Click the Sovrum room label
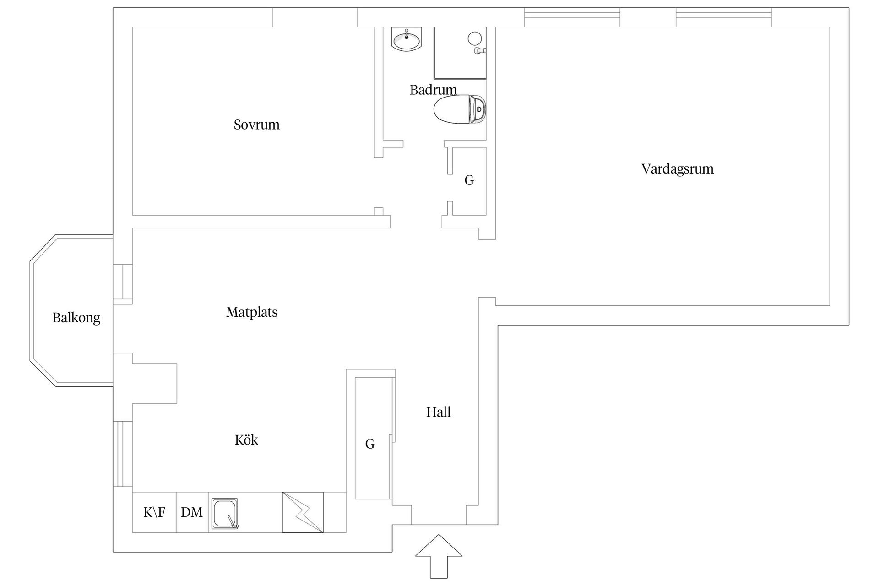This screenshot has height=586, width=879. [256, 125]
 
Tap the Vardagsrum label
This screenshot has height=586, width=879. [678, 169]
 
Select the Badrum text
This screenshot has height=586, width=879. [433, 90]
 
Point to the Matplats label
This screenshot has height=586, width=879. [252, 312]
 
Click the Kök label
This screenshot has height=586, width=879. [246, 440]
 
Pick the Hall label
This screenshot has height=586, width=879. [439, 412]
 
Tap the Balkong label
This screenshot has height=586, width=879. [76, 318]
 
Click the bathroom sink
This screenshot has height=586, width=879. [407, 39]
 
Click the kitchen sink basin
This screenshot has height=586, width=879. [225, 513]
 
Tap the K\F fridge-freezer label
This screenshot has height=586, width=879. [154, 512]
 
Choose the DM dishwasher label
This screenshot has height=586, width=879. [192, 512]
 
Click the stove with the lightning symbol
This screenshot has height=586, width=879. [303, 512]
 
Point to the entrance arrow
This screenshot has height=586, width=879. [439, 556]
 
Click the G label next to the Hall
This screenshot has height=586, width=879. [370, 444]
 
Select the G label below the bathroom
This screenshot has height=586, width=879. [469, 180]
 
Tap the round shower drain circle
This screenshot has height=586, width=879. [474, 38]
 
